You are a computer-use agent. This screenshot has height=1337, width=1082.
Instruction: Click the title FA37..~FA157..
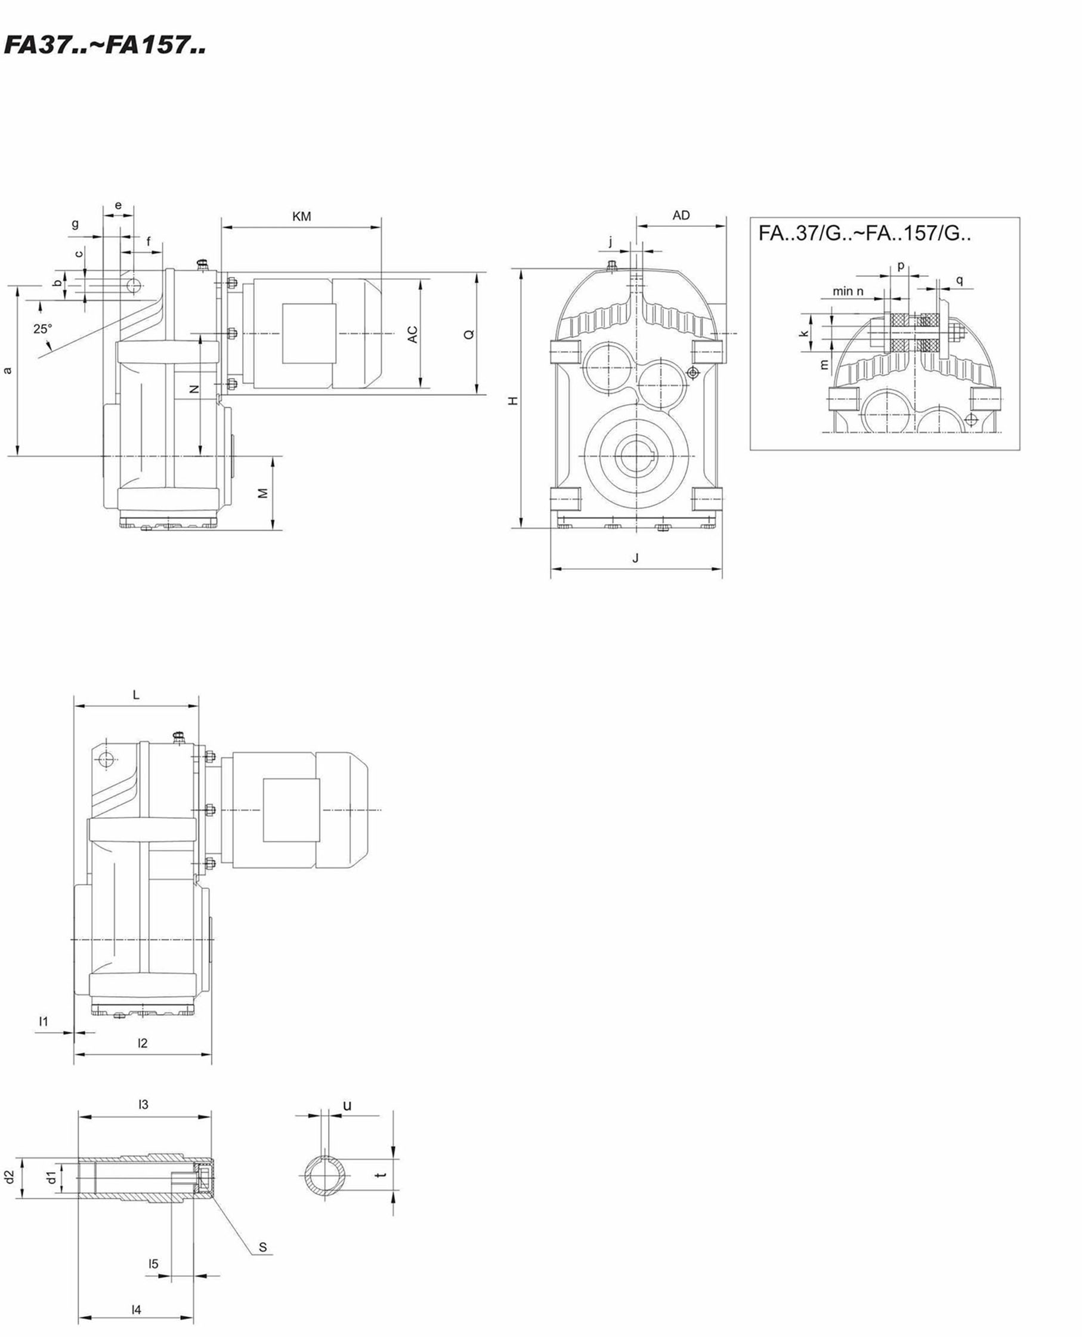pos(105,45)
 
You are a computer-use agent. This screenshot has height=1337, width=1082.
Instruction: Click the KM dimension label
pos(302,217)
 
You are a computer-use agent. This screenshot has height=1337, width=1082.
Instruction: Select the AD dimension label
pos(681,215)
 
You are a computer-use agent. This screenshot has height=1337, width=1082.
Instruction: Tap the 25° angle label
pos(43,329)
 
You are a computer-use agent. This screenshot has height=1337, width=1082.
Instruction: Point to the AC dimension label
pos(413,334)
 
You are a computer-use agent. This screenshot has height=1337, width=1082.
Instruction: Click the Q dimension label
pos(469,334)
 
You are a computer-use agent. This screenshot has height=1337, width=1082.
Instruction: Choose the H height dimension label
pos(513,401)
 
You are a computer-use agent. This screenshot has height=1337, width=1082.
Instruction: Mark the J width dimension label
pos(636,558)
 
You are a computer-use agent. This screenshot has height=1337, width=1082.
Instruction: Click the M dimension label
pos(263,493)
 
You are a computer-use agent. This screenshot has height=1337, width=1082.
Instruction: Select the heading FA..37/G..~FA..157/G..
pos(864,233)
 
